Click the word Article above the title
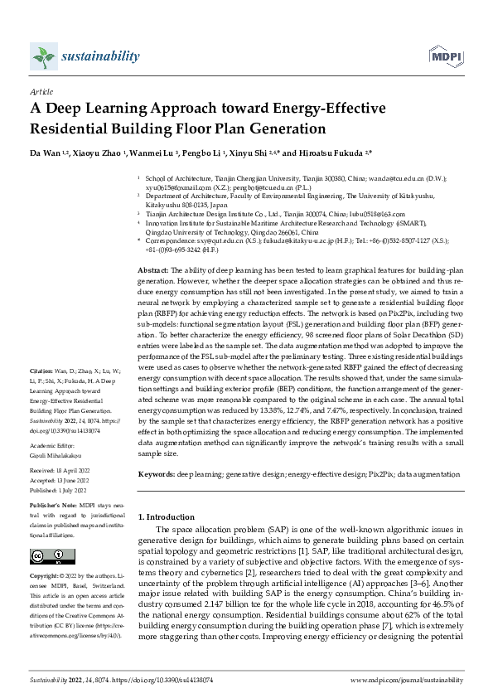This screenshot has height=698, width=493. (x=41, y=92)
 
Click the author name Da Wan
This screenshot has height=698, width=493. (x=42, y=154)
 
